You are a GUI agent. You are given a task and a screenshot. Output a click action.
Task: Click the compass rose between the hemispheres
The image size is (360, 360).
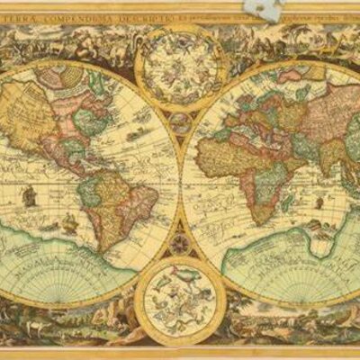pos(179,242)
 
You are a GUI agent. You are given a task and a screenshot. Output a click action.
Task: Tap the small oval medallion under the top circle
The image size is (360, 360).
pos(179,122)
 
